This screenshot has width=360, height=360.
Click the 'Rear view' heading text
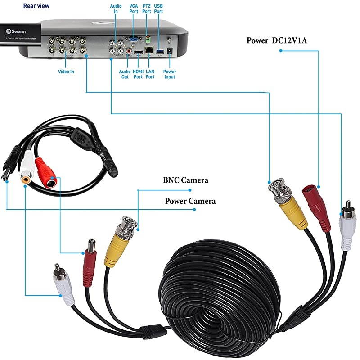pos(36,6)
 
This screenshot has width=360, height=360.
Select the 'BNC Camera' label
pos(185,180)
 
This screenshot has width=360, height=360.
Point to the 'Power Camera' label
pos(190,201)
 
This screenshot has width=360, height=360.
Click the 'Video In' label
pos(66,72)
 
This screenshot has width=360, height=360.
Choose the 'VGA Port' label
pos(134,9)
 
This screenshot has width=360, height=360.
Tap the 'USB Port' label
pos(158,9)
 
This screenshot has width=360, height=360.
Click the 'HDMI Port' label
pos(138,74)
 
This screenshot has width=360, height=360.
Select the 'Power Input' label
pos(170,74)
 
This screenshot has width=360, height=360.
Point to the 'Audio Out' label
pos(125,74)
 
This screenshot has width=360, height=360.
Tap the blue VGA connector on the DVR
pos(134,40)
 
